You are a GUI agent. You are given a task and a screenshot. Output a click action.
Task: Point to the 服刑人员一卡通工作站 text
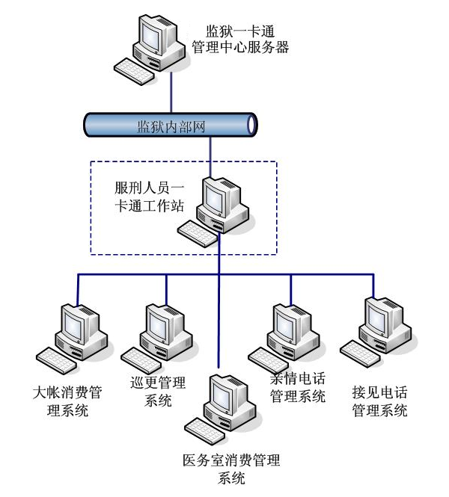click(x=144, y=194)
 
